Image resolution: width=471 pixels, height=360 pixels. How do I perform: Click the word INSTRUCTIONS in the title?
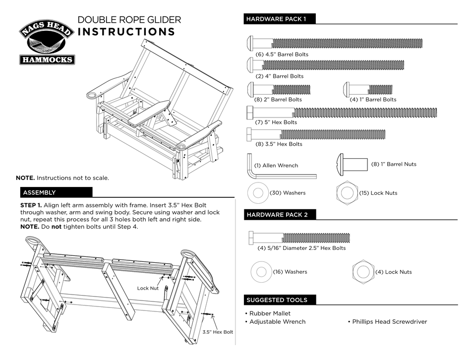click(126, 32)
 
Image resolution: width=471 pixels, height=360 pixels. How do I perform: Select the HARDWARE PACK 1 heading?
click(276, 19)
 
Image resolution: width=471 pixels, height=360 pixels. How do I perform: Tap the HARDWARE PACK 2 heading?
click(277, 215)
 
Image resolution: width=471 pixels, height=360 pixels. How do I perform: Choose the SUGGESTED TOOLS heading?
click(277, 300)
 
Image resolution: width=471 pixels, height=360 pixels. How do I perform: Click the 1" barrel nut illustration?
click(352, 164)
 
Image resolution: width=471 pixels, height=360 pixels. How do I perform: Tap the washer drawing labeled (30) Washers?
click(257, 192)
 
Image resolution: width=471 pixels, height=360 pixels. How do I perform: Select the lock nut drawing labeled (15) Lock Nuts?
click(346, 192)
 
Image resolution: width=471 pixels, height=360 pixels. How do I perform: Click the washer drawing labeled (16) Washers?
click(261, 272)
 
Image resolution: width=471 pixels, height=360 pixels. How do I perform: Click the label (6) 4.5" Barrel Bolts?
click(282, 54)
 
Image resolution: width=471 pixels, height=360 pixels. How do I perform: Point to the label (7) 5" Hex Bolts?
click(276, 122)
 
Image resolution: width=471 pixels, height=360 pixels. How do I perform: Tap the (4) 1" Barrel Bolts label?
click(373, 99)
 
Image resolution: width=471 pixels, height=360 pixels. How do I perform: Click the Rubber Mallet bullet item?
click(268, 313)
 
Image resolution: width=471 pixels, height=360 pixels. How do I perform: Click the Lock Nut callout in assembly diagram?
click(147, 288)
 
